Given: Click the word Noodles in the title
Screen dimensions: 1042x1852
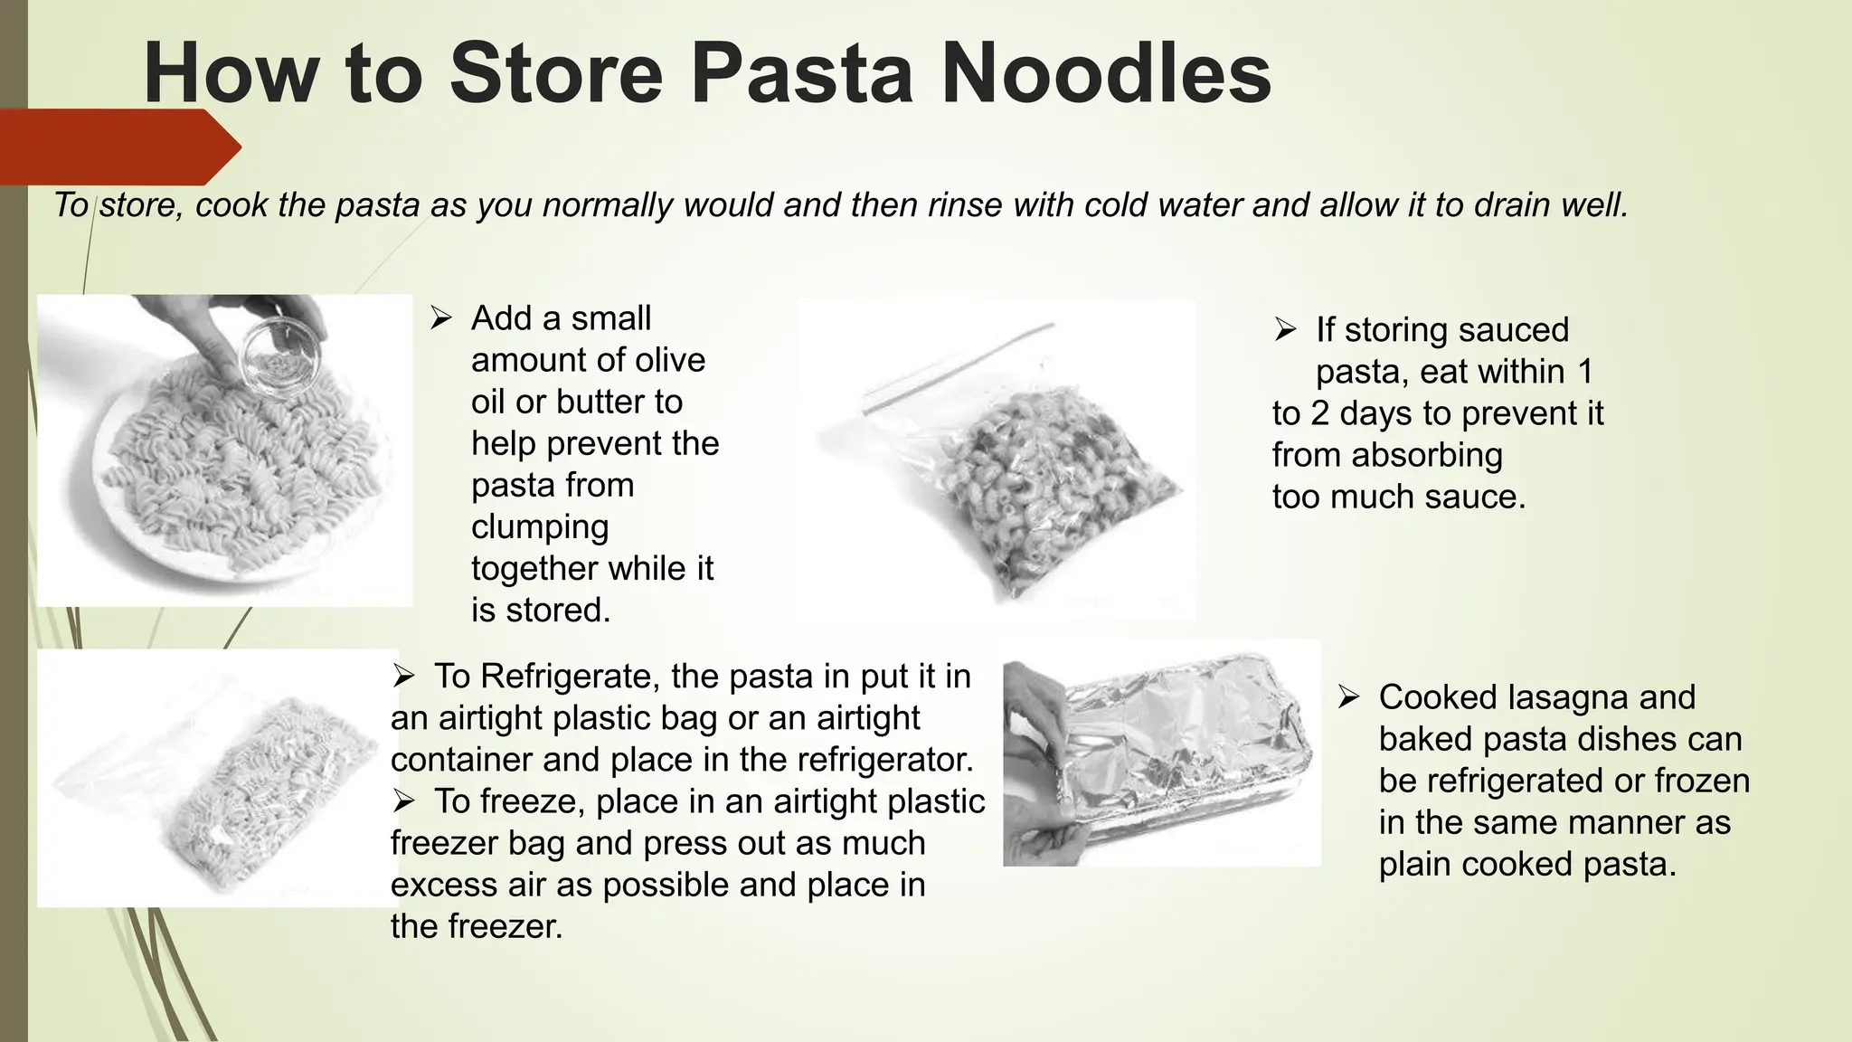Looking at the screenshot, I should [x=1106, y=74].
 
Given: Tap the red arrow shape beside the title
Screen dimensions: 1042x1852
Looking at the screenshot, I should [x=118, y=147].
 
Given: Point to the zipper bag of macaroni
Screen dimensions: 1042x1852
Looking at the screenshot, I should [x=1022, y=479].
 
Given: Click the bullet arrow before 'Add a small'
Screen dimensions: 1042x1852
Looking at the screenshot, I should [x=440, y=318].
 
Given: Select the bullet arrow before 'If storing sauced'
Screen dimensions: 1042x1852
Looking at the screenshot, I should [x=1285, y=330].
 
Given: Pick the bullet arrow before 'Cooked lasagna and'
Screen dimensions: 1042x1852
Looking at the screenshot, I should [x=1348, y=697].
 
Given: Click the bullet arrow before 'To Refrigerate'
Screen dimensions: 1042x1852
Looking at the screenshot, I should [x=403, y=677].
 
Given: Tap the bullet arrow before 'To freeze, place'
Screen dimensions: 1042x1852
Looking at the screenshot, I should [x=403, y=801].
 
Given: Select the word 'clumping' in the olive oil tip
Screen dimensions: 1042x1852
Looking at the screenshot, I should [x=540, y=527].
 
